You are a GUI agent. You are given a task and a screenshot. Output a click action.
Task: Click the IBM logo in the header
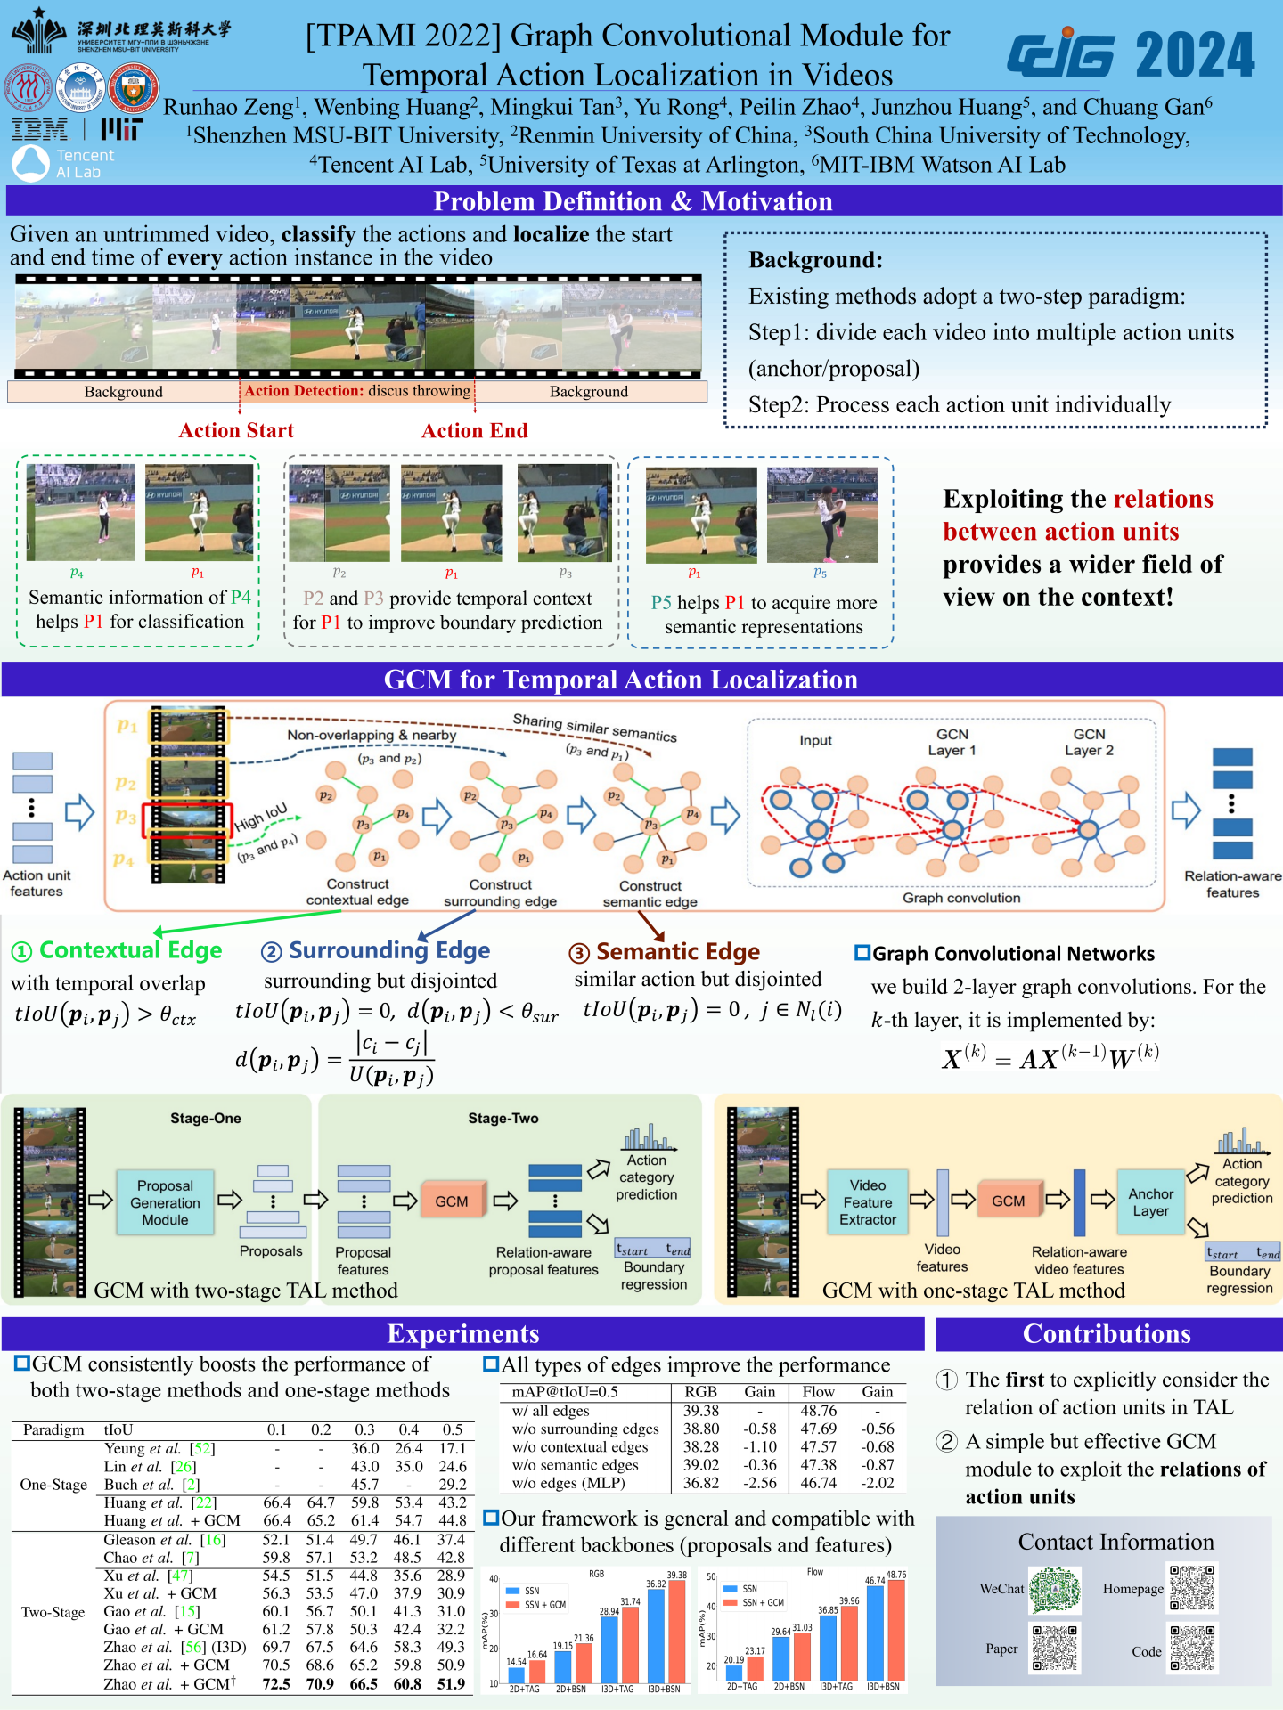coord(40,130)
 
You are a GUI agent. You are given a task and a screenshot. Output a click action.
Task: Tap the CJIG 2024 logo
coord(1131,55)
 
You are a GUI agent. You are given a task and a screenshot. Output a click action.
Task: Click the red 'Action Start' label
coord(236,431)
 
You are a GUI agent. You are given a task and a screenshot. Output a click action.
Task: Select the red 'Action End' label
coord(474,431)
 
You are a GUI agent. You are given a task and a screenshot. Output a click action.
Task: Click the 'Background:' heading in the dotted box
coord(815,260)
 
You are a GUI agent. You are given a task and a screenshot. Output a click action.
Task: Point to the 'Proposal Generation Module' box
coord(165,1202)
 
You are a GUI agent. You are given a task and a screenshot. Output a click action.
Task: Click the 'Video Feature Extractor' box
coord(867,1202)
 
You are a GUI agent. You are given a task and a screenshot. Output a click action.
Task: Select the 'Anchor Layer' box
coord(1150,1202)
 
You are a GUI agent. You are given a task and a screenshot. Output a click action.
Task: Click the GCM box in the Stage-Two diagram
coord(452,1201)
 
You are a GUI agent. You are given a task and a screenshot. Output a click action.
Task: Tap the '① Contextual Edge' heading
coord(117,951)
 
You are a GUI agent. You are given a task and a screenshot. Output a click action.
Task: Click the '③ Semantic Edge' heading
coord(665,952)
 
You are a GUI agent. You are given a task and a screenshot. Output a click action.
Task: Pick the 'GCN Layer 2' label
coord(1089,742)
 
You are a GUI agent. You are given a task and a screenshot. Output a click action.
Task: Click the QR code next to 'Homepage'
coord(1192,1588)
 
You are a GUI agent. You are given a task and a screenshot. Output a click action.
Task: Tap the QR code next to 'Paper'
coord(1055,1648)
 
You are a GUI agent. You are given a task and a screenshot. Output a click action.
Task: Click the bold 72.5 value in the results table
coord(276,1683)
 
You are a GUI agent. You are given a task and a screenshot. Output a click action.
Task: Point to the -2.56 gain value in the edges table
coord(760,1483)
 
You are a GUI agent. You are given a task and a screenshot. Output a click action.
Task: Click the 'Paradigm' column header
coord(53,1429)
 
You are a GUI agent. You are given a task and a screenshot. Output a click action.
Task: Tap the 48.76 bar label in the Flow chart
coord(896,1575)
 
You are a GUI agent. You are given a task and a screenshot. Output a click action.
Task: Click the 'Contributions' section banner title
coord(1107,1333)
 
